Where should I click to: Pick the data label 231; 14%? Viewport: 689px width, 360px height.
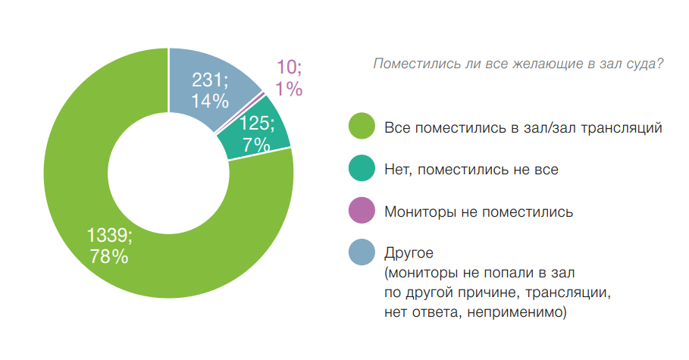tap(210, 90)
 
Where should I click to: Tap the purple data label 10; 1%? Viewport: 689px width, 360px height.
tap(289, 79)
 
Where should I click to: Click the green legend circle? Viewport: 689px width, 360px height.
tap(362, 127)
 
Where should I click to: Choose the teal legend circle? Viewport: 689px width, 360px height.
tap(362, 169)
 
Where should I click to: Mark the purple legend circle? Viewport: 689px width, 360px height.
tap(362, 211)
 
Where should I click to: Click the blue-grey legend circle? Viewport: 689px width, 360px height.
tap(362, 252)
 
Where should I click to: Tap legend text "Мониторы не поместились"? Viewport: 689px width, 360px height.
tap(478, 211)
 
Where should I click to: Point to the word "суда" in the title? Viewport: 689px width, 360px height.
tap(647, 65)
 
